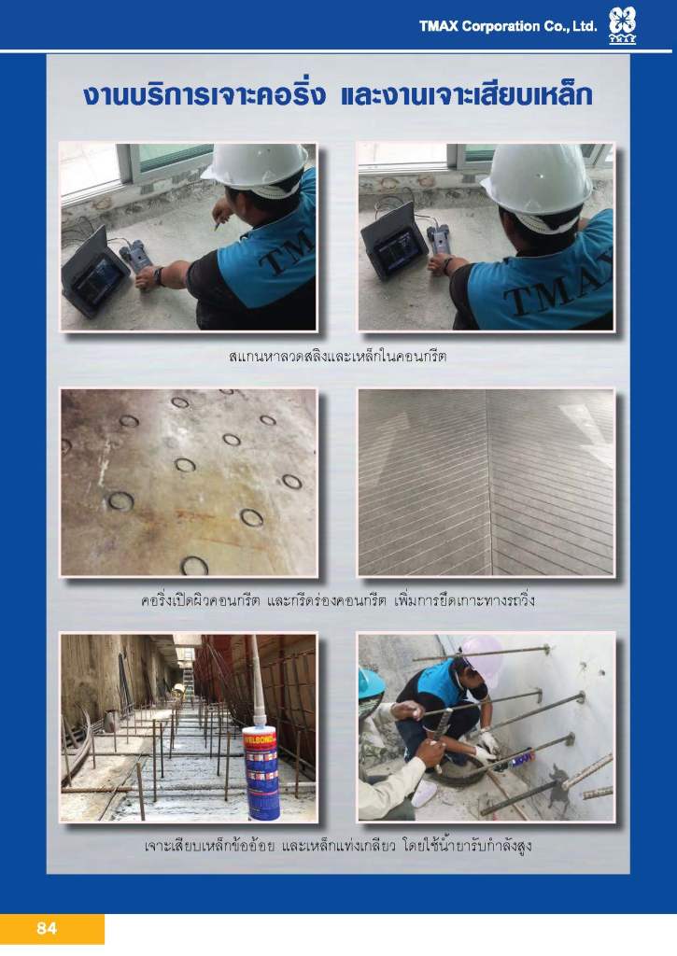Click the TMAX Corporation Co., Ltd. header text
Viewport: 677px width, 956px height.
tap(507, 26)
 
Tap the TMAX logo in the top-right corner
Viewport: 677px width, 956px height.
tap(622, 25)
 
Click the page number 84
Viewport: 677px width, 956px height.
tap(47, 928)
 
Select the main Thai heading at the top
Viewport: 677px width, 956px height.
tap(338, 96)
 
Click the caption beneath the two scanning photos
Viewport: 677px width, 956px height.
tap(337, 356)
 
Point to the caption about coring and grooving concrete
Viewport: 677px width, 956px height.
tap(337, 600)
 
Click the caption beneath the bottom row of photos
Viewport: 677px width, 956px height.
tap(337, 846)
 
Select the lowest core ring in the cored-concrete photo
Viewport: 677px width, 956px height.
tap(194, 565)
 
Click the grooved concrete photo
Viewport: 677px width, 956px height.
tap(486, 483)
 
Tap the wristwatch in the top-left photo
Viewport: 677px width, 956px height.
tap(158, 276)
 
